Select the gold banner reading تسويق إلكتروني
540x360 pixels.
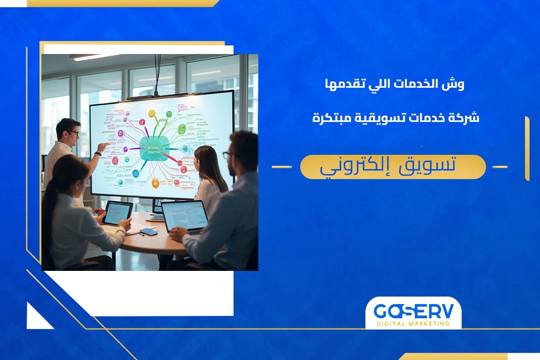tap(392, 167)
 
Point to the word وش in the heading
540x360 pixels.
tap(456, 84)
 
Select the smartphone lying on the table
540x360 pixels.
tap(148, 232)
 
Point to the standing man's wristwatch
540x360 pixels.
tap(98, 154)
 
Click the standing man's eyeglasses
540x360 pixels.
tap(74, 133)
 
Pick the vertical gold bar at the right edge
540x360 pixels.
tap(527, 148)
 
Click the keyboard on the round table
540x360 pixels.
tap(157, 218)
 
